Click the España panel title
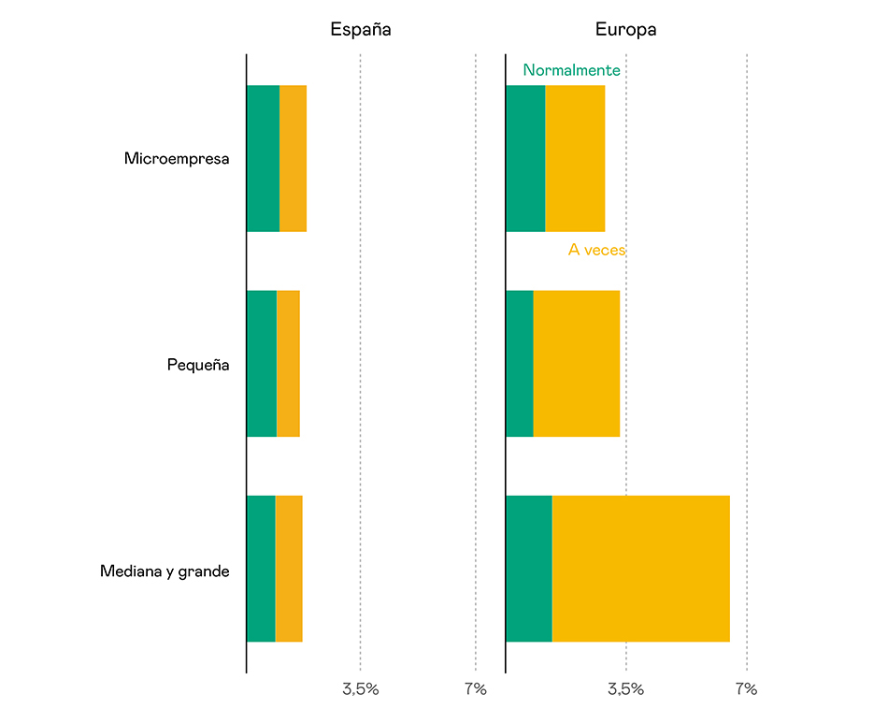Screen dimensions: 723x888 [x=360, y=30]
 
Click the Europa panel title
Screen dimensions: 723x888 [x=625, y=30]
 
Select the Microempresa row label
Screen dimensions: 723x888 [x=177, y=159]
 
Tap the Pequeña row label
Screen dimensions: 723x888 [x=198, y=365]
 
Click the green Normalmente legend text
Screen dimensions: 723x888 [x=571, y=70]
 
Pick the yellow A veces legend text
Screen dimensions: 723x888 [x=596, y=251]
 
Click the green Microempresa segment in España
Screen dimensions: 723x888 [x=263, y=158]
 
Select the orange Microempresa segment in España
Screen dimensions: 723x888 [x=293, y=158]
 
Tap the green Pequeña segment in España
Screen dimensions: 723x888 [x=261, y=363]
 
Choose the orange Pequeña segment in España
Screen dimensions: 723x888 [x=288, y=363]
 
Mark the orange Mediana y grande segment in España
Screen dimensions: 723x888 [x=289, y=569]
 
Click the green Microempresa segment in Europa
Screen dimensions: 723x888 [x=524, y=158]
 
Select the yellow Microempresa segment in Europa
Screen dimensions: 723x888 [x=575, y=158]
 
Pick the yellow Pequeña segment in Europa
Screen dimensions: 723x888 [x=577, y=363]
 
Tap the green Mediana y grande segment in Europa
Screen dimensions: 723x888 [x=528, y=569]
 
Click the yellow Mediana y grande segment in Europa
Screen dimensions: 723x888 [x=640, y=569]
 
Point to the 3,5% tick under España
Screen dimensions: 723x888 [x=360, y=690]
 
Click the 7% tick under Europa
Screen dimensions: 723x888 [x=746, y=690]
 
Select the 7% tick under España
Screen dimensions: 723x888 [x=475, y=690]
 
